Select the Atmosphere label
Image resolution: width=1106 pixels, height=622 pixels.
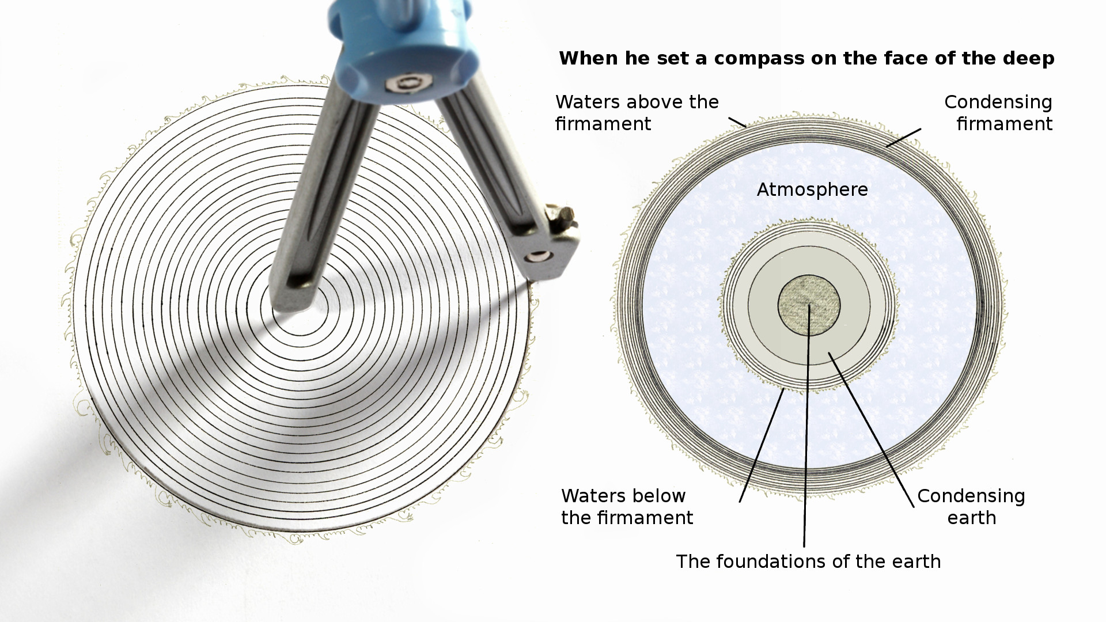pos(812,189)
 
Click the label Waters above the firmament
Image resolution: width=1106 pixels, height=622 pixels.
pos(637,113)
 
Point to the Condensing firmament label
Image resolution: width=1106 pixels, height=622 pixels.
pos(998,113)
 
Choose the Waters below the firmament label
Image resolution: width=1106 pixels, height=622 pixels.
pos(627,507)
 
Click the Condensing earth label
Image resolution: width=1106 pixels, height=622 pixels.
pos(971,507)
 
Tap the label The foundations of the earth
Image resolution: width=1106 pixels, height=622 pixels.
pos(808,562)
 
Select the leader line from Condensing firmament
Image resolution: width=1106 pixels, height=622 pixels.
pos(904,137)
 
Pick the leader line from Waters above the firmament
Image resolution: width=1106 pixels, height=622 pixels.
pos(737,122)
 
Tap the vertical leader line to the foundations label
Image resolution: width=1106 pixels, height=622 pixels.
pos(807,426)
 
